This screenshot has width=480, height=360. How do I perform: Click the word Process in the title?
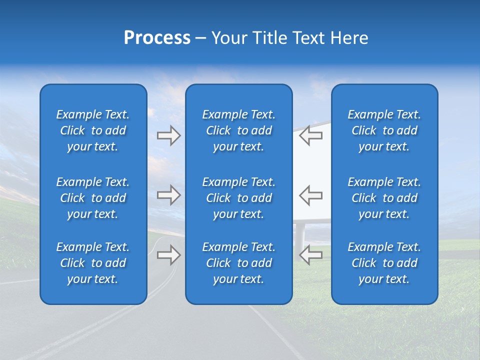coord(157,38)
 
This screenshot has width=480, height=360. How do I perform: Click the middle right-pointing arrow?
coord(168,195)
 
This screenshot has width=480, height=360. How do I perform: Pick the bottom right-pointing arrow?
coord(168,255)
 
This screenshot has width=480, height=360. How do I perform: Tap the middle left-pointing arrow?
coord(310,195)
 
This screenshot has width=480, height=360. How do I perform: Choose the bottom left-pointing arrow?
coord(310,255)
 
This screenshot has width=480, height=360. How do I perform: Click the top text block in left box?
coord(93,130)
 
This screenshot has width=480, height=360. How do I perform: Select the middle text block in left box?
coord(93,198)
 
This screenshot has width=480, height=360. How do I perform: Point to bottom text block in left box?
coord(93,263)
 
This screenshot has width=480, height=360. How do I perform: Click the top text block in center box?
coord(238,130)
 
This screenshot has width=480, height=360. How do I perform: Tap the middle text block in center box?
coord(238,198)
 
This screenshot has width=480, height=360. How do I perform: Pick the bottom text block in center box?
coord(238,263)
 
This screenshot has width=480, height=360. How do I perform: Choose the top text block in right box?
coord(384,130)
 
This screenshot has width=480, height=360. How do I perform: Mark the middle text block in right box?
coord(384,198)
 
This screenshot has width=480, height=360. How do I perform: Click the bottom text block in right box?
coord(384,263)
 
